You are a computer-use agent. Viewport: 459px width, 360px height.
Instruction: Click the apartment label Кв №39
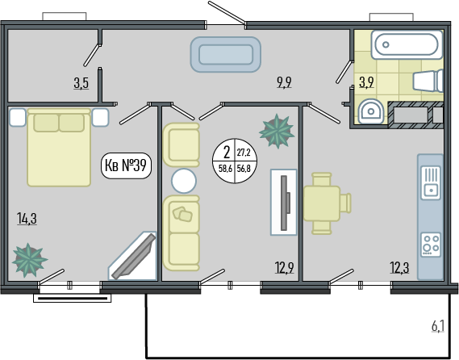pos(126,165)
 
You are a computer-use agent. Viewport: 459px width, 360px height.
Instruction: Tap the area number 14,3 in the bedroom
pos(27,219)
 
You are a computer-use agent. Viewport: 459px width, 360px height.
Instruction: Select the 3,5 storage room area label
pos(81,83)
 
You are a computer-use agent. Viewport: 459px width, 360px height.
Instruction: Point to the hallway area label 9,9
pos(284,82)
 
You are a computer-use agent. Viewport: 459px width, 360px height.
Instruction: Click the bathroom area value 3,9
pos(366,82)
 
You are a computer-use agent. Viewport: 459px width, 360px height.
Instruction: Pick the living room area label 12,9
pos(284,267)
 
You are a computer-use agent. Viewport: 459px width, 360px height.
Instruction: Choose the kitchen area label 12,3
pos(399,267)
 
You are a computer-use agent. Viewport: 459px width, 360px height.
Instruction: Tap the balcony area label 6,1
pos(438,326)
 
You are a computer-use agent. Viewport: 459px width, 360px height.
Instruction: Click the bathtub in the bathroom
pos(407,45)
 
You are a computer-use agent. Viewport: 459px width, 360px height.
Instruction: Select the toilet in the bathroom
pos(428,81)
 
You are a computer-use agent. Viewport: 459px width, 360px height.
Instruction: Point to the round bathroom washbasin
pos(370,111)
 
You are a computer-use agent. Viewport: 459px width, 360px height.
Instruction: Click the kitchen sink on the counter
pos(431,182)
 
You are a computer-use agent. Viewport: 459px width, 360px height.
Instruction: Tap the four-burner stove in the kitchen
pos(431,245)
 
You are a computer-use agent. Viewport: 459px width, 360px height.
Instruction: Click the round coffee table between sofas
pos(184,181)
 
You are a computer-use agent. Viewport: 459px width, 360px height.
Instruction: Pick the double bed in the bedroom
pos(59,148)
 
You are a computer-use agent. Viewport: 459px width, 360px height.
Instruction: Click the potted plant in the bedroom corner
pos(29,261)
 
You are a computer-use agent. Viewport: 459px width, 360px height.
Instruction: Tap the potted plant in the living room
pos(277,132)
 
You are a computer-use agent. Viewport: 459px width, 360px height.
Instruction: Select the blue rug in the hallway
pos(226,54)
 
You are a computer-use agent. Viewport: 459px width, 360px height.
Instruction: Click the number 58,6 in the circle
pos(225,169)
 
